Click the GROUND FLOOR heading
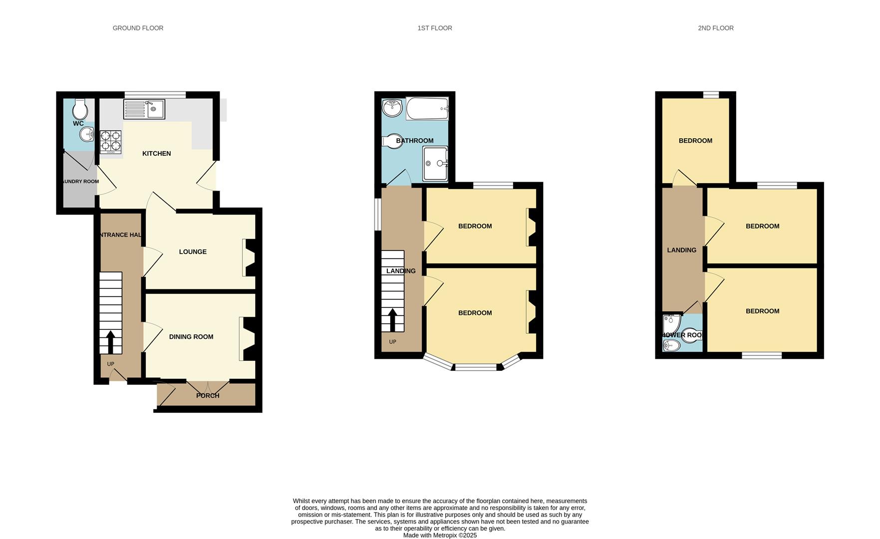click(x=138, y=28)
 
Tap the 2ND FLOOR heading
click(x=715, y=28)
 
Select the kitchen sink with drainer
click(x=144, y=109)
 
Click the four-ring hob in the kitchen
click(x=110, y=141)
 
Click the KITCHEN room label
click(x=156, y=153)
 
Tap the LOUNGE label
click(x=193, y=252)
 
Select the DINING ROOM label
click(x=191, y=336)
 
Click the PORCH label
click(x=208, y=395)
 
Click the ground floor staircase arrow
click(x=110, y=342)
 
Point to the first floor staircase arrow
click(x=393, y=320)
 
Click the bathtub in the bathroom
click(x=427, y=108)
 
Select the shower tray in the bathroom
click(x=435, y=163)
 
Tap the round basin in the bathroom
click(x=392, y=108)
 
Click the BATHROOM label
click(x=414, y=141)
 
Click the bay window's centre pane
click(x=476, y=367)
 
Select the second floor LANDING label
click(x=681, y=250)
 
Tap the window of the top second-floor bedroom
click(x=711, y=94)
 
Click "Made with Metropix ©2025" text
click(x=440, y=535)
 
